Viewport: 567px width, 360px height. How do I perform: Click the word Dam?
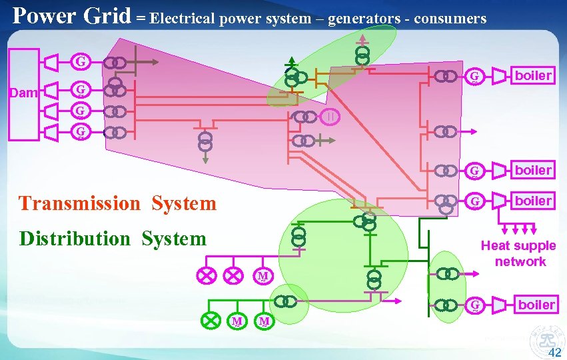pos(25,93)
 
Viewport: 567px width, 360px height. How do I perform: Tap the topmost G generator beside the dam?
pos(81,62)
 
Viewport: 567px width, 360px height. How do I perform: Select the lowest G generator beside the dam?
pos(81,132)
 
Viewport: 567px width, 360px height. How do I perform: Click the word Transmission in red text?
pos(80,203)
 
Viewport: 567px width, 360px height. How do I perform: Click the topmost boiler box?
pos(533,75)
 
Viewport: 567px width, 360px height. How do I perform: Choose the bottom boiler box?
pos(536,305)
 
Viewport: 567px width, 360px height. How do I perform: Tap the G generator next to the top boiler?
pos(474,76)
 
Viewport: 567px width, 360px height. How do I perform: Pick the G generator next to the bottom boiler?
pos(474,305)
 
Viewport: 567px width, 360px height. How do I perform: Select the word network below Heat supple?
pos(520,261)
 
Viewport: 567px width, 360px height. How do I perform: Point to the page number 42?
pos(554,352)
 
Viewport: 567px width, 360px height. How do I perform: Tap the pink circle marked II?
pos(332,117)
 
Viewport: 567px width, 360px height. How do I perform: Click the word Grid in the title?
pos(107,16)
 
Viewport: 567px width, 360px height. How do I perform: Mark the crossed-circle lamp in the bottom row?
pos(210,321)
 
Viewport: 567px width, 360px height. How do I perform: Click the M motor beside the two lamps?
pos(263,275)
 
